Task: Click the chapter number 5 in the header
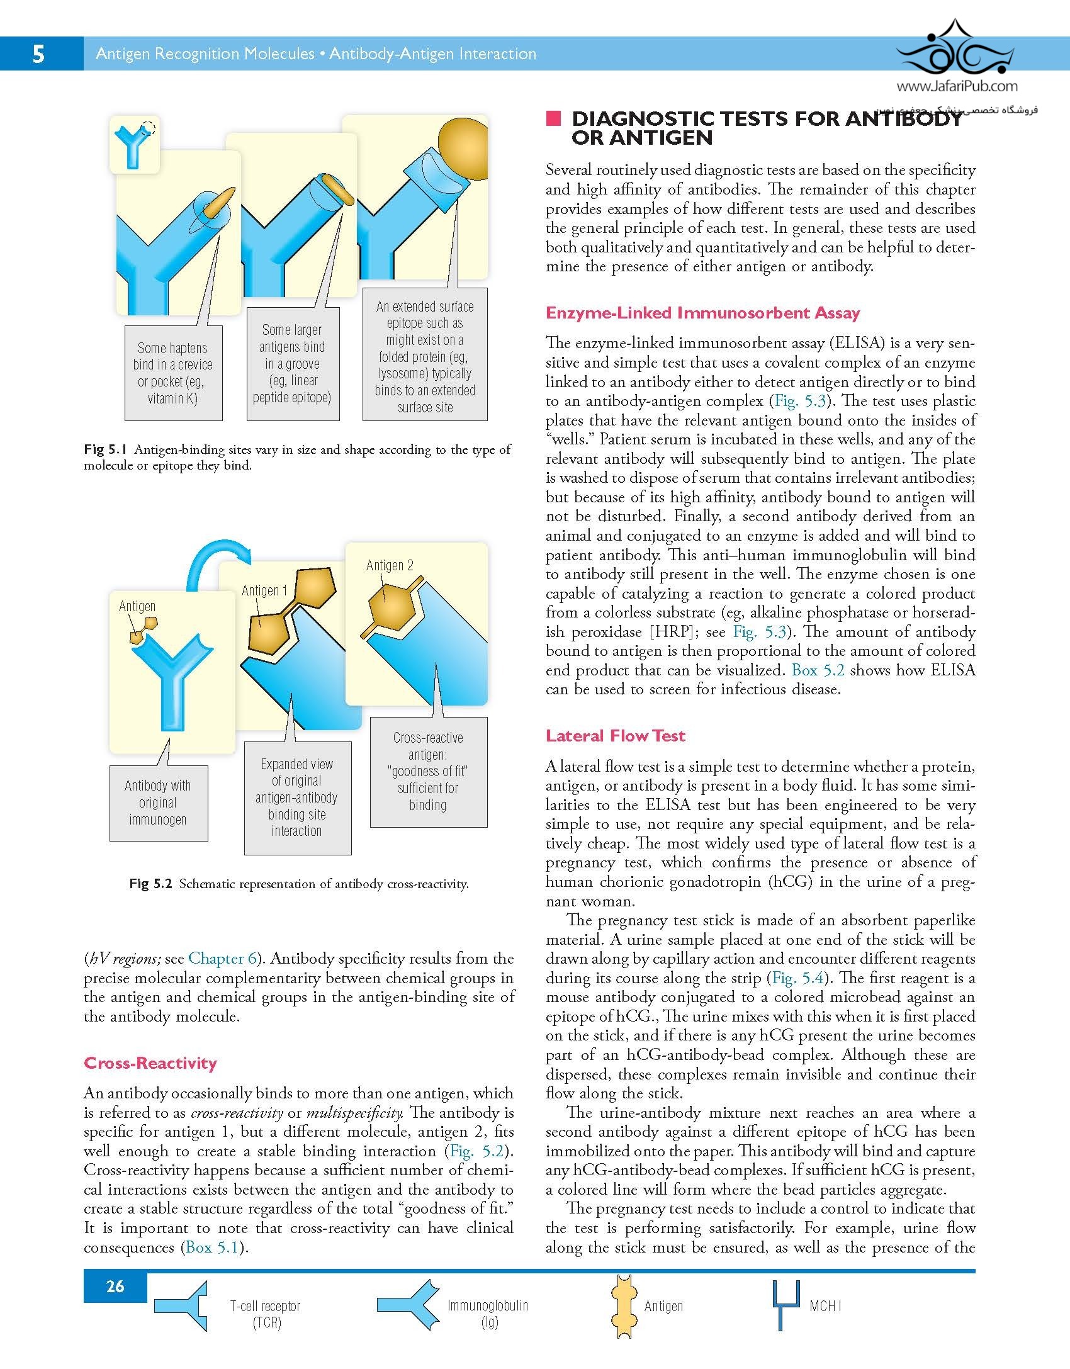[x=38, y=54]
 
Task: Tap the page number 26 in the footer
[x=115, y=1287]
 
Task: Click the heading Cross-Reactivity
[x=150, y=1063]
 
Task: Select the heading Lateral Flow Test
[x=615, y=736]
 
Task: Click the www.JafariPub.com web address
[x=956, y=87]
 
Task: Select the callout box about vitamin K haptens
[x=174, y=373]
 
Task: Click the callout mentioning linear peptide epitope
[x=293, y=364]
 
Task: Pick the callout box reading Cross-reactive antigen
[x=428, y=771]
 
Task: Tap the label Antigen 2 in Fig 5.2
[x=390, y=565]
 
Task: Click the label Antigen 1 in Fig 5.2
[x=264, y=590]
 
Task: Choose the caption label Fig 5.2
[x=150, y=884]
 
